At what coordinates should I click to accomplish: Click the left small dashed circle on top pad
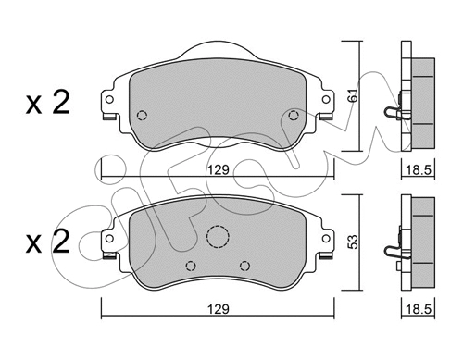pyautogui.click(x=142, y=116)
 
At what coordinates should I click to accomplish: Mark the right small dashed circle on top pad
pyautogui.click(x=294, y=116)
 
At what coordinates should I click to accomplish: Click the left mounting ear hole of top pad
pyautogui.click(x=109, y=102)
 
